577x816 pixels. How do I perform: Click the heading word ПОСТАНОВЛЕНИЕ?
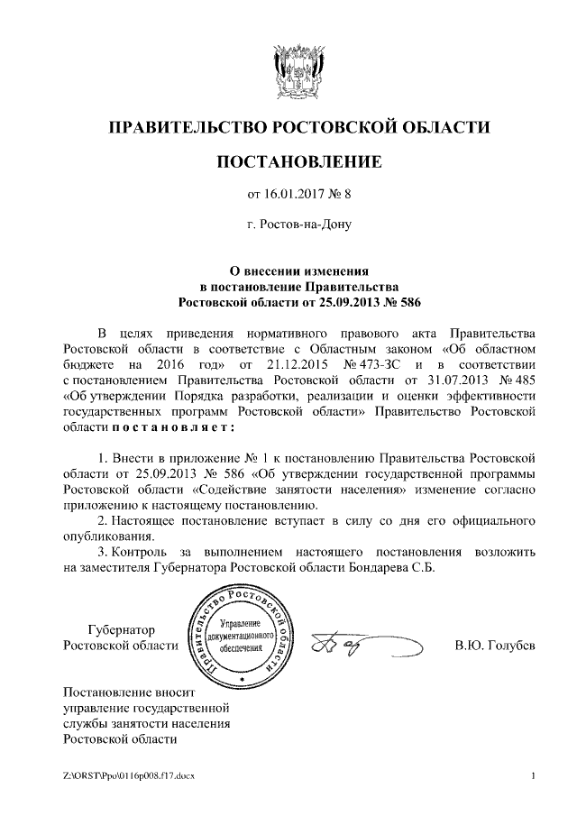[x=298, y=161]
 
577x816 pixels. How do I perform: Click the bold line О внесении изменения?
[x=298, y=270]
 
